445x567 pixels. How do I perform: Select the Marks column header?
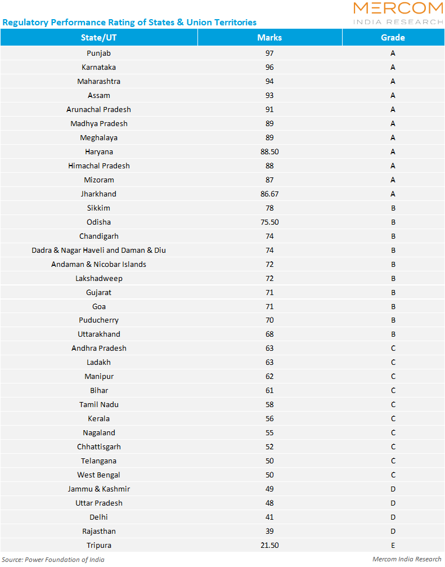pos(269,38)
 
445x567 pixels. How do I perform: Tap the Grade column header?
pos(393,38)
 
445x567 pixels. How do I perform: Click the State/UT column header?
pos(98,38)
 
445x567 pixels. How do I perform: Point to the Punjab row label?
pos(98,53)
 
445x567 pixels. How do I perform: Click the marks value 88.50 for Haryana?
pos(269,151)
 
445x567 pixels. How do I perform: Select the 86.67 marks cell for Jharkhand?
pos(269,194)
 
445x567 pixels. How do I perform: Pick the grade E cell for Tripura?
pos(393,545)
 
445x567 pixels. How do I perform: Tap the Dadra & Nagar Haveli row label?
pos(98,250)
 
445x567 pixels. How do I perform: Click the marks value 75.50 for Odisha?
pos(269,222)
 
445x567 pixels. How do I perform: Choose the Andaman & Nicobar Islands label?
pos(98,264)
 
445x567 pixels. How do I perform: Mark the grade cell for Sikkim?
pos(393,208)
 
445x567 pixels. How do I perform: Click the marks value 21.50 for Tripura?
pos(269,545)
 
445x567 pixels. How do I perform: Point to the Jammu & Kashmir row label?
pos(98,489)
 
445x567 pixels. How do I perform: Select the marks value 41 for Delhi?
pos(269,517)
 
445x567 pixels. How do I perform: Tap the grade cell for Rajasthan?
pos(393,531)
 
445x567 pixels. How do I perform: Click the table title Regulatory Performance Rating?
pos(129,23)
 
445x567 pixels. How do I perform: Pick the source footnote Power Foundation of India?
pos(53,559)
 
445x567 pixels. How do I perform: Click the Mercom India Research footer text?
pos(407,559)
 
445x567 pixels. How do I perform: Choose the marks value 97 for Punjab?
pos(269,53)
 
